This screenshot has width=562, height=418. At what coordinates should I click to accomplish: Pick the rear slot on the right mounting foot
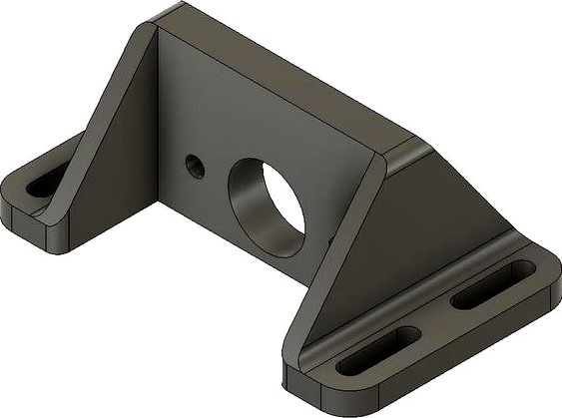pos(491,284)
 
